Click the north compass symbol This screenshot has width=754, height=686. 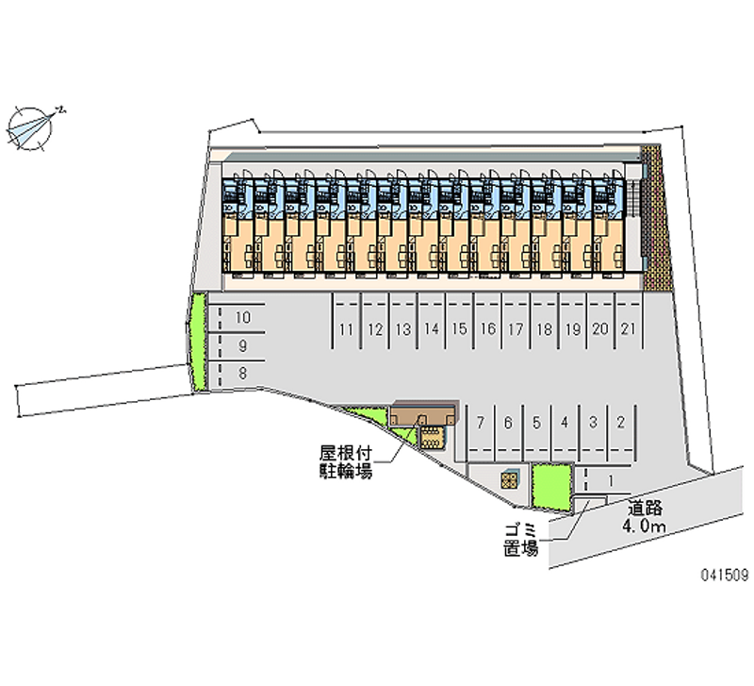click(x=32, y=125)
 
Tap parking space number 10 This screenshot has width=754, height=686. click(x=243, y=318)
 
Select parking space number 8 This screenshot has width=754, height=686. click(x=243, y=374)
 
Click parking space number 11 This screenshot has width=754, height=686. click(x=347, y=329)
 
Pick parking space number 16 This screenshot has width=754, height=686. click(x=487, y=329)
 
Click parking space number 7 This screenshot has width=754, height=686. click(x=480, y=422)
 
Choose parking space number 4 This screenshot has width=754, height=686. click(x=564, y=422)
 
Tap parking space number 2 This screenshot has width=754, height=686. click(x=620, y=422)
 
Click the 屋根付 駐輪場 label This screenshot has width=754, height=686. click(x=346, y=461)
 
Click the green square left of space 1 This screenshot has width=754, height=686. click(x=551, y=489)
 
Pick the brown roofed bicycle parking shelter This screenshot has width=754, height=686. click(x=421, y=415)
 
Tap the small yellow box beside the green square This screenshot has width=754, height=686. click(x=510, y=479)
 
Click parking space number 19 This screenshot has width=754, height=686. click(x=572, y=329)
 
